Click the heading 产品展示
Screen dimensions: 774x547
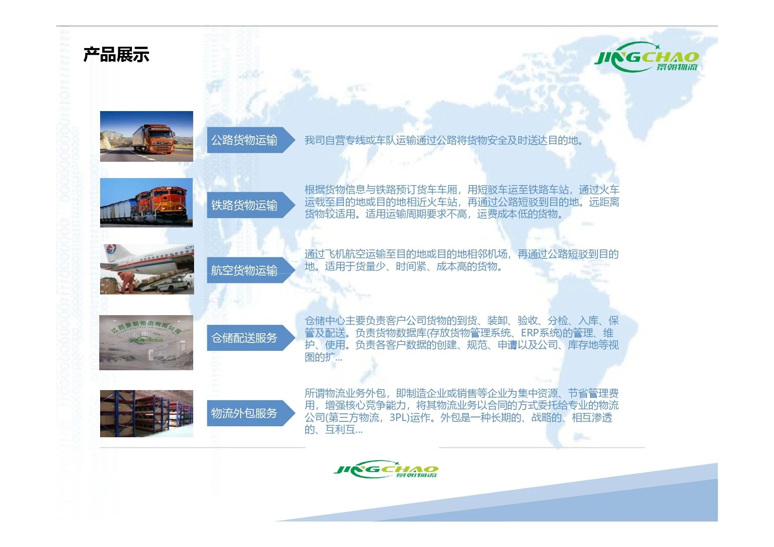click(x=116, y=55)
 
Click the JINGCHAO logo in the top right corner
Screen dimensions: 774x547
click(x=647, y=57)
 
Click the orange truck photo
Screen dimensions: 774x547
click(x=146, y=136)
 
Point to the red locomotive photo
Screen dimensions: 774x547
click(x=146, y=203)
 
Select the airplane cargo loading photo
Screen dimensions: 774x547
click(x=147, y=269)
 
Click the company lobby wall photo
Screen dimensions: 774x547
click(x=146, y=342)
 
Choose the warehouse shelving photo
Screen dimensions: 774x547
click(x=146, y=413)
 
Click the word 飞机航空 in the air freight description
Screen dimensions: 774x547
click(x=345, y=254)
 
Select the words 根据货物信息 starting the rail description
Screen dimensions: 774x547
click(x=335, y=190)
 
